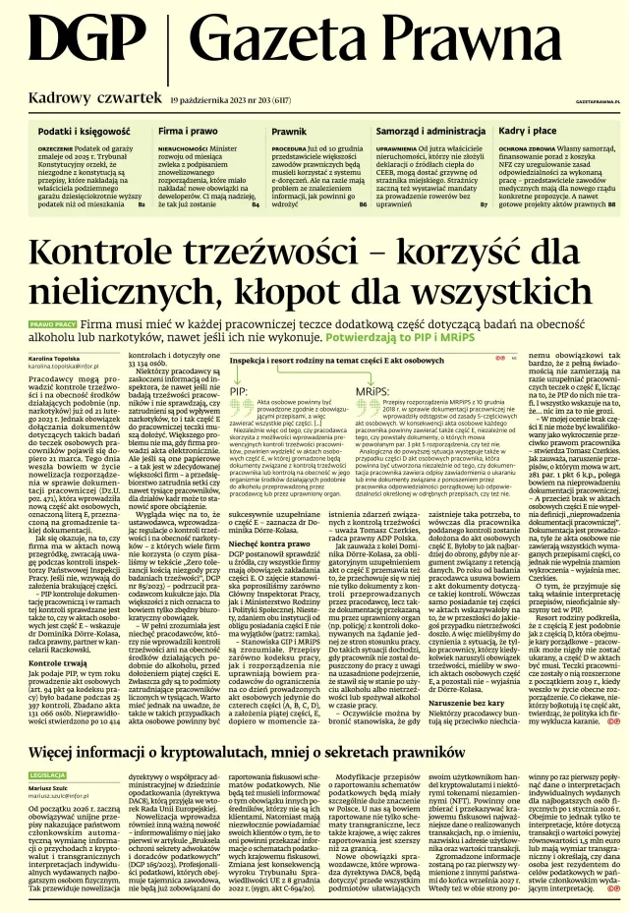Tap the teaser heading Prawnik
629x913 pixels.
289,130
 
